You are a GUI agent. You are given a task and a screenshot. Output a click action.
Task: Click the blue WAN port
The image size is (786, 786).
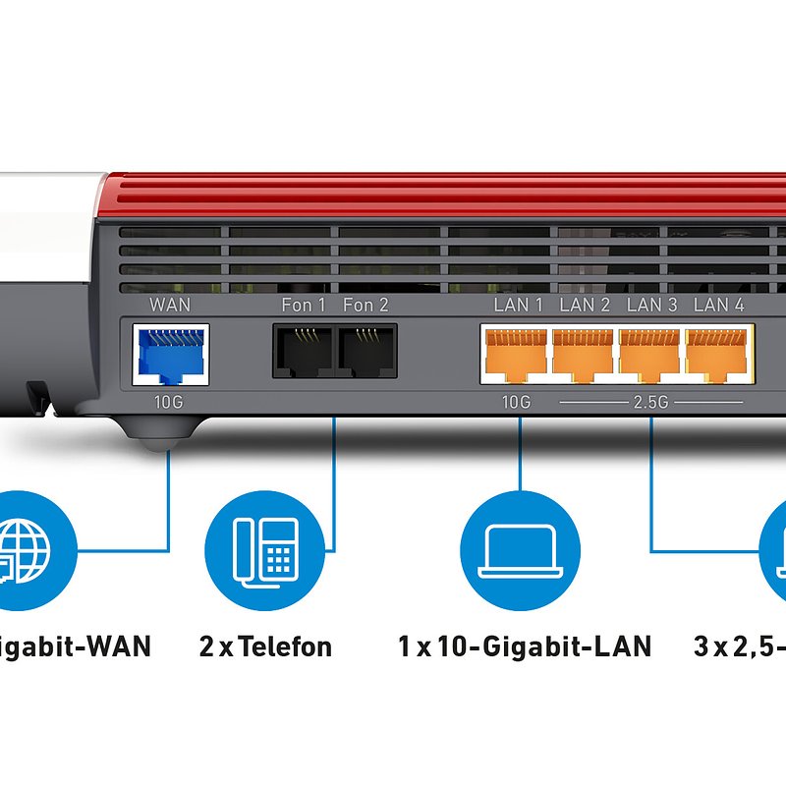170,355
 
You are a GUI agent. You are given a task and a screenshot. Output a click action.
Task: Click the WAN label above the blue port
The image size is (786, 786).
170,305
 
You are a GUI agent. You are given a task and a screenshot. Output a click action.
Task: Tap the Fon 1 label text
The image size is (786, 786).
304,305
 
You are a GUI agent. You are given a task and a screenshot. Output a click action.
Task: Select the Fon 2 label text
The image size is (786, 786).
365,305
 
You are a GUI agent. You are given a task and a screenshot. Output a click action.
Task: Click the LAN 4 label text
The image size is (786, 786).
718,305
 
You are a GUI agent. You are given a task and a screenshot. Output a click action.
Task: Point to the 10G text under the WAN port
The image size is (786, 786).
168,403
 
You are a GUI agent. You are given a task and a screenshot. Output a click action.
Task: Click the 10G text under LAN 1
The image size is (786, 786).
516,403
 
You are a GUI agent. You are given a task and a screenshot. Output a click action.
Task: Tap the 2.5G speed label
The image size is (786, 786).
651,403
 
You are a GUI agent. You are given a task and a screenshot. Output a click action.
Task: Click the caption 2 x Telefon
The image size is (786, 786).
265,646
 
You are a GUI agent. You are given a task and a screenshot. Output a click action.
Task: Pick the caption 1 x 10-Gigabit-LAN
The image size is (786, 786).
525,646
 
